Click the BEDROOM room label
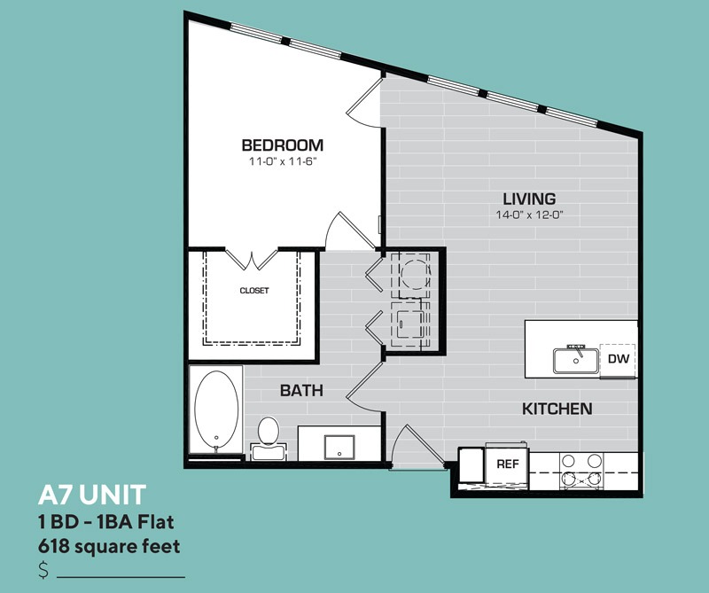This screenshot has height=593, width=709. click(283, 145)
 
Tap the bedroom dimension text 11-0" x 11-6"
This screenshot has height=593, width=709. click(281, 161)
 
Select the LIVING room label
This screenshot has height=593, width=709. click(529, 199)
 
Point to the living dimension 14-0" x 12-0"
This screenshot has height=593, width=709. click(529, 215)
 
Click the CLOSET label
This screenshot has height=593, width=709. click(254, 291)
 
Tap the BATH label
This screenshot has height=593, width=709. click(301, 390)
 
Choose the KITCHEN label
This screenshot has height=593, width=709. click(557, 409)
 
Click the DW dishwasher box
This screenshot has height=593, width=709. click(618, 359)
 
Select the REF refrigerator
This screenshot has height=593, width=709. click(507, 465)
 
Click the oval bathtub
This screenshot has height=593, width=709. click(216, 410)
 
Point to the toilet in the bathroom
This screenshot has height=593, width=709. click(269, 438)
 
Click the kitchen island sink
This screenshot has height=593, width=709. click(576, 361)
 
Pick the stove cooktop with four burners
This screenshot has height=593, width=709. click(581, 471)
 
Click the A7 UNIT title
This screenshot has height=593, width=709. click(92, 495)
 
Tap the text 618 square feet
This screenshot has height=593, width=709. click(109, 546)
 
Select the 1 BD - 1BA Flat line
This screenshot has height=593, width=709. click(106, 522)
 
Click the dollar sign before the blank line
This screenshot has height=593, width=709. click(43, 570)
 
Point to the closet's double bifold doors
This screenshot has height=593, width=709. click(252, 260)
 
